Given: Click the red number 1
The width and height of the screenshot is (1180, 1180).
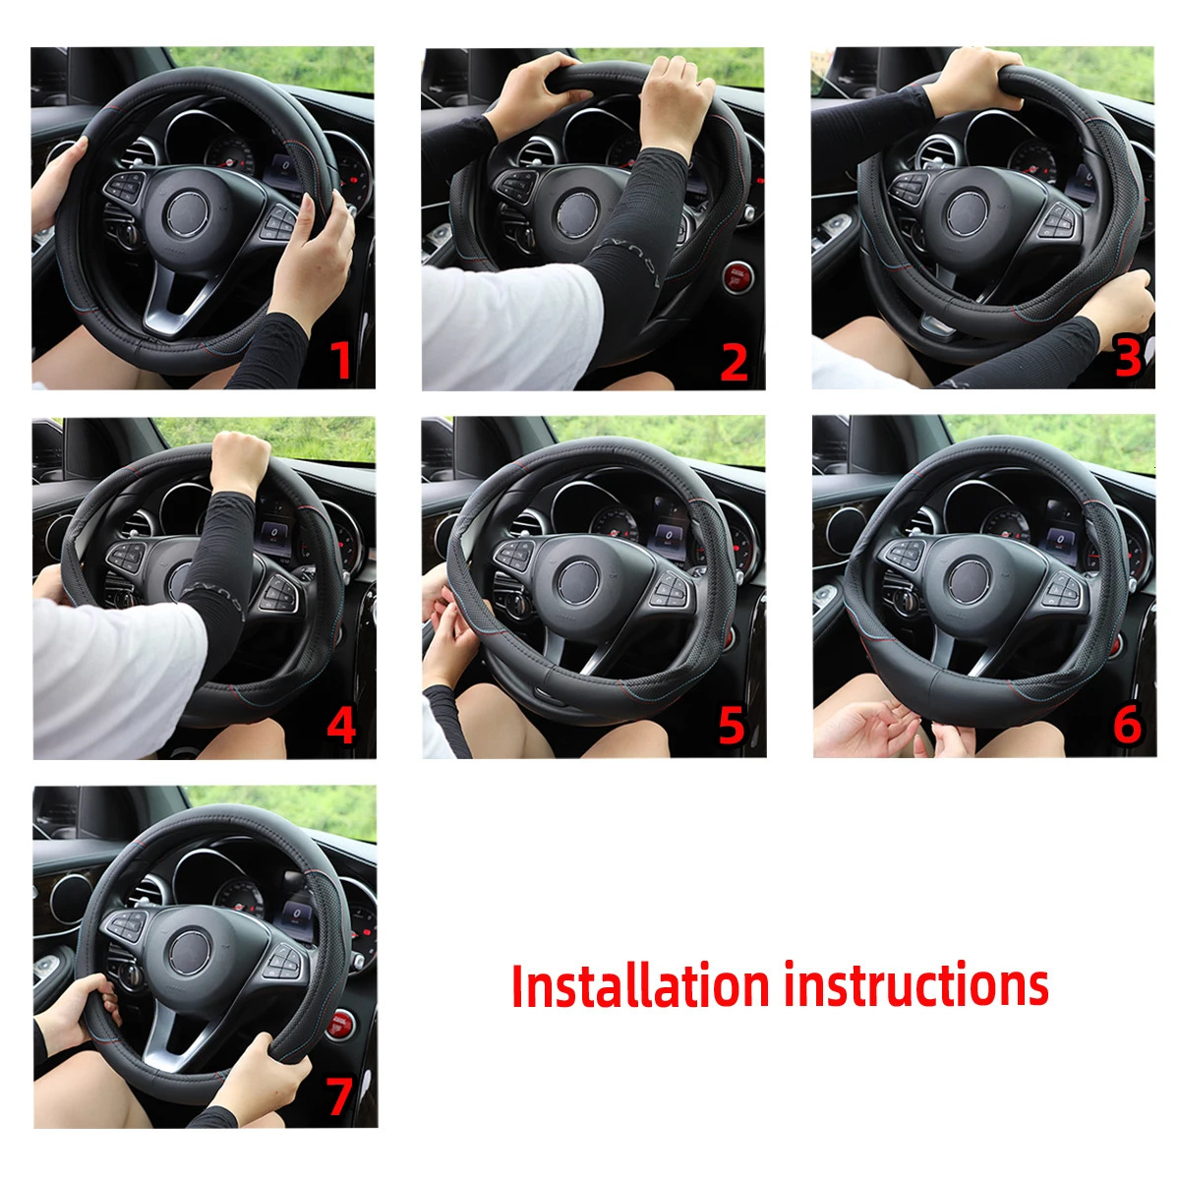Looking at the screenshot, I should pyautogui.click(x=339, y=359).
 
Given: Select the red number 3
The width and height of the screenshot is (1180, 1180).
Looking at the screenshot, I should pyautogui.click(x=1128, y=359).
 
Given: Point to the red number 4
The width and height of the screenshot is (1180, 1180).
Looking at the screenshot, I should pyautogui.click(x=340, y=726).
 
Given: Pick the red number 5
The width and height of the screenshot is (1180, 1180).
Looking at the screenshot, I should pyautogui.click(x=732, y=726).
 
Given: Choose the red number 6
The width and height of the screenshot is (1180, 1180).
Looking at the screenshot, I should pyautogui.click(x=1127, y=726).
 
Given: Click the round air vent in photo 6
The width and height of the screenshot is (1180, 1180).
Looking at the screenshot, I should pyautogui.click(x=844, y=529).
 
